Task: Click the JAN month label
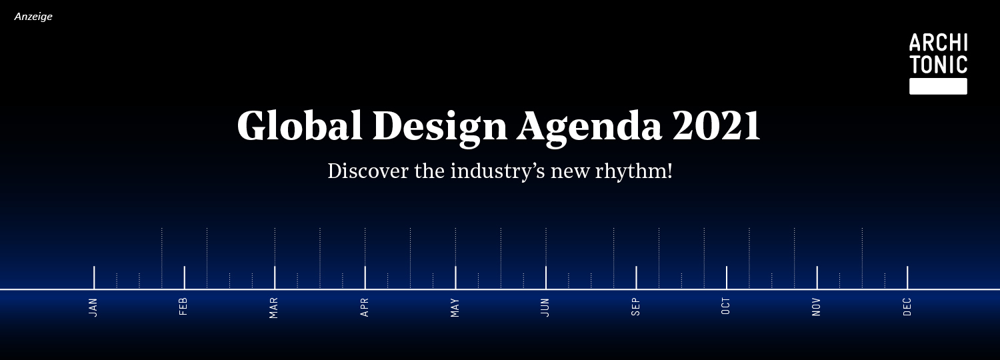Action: [93, 308]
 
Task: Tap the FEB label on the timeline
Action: [183, 307]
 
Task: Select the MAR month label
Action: [273, 308]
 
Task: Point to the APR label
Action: [364, 308]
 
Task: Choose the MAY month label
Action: [455, 308]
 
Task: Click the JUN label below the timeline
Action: [545, 308]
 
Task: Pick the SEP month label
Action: [636, 307]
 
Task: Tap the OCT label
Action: [726, 306]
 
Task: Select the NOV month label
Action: [817, 307]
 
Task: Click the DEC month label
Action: [907, 307]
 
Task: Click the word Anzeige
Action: [33, 17]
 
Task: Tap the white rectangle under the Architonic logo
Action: [939, 86]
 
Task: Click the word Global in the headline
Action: [299, 125]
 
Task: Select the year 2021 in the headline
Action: [715, 125]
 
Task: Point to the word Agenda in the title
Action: [589, 129]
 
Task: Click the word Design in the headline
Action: [440, 129]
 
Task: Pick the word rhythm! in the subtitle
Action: [634, 171]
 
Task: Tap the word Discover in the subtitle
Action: [368, 171]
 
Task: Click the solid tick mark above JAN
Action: [94, 277]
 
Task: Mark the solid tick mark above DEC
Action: [907, 277]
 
